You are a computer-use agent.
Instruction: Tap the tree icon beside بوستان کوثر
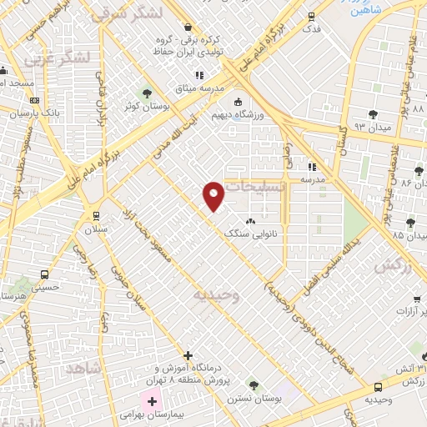pos(147,93)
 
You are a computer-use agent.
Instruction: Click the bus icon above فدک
pos(312,16)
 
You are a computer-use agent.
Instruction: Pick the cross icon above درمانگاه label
pos(188,355)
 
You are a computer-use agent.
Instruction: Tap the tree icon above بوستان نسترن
pos(254,385)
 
